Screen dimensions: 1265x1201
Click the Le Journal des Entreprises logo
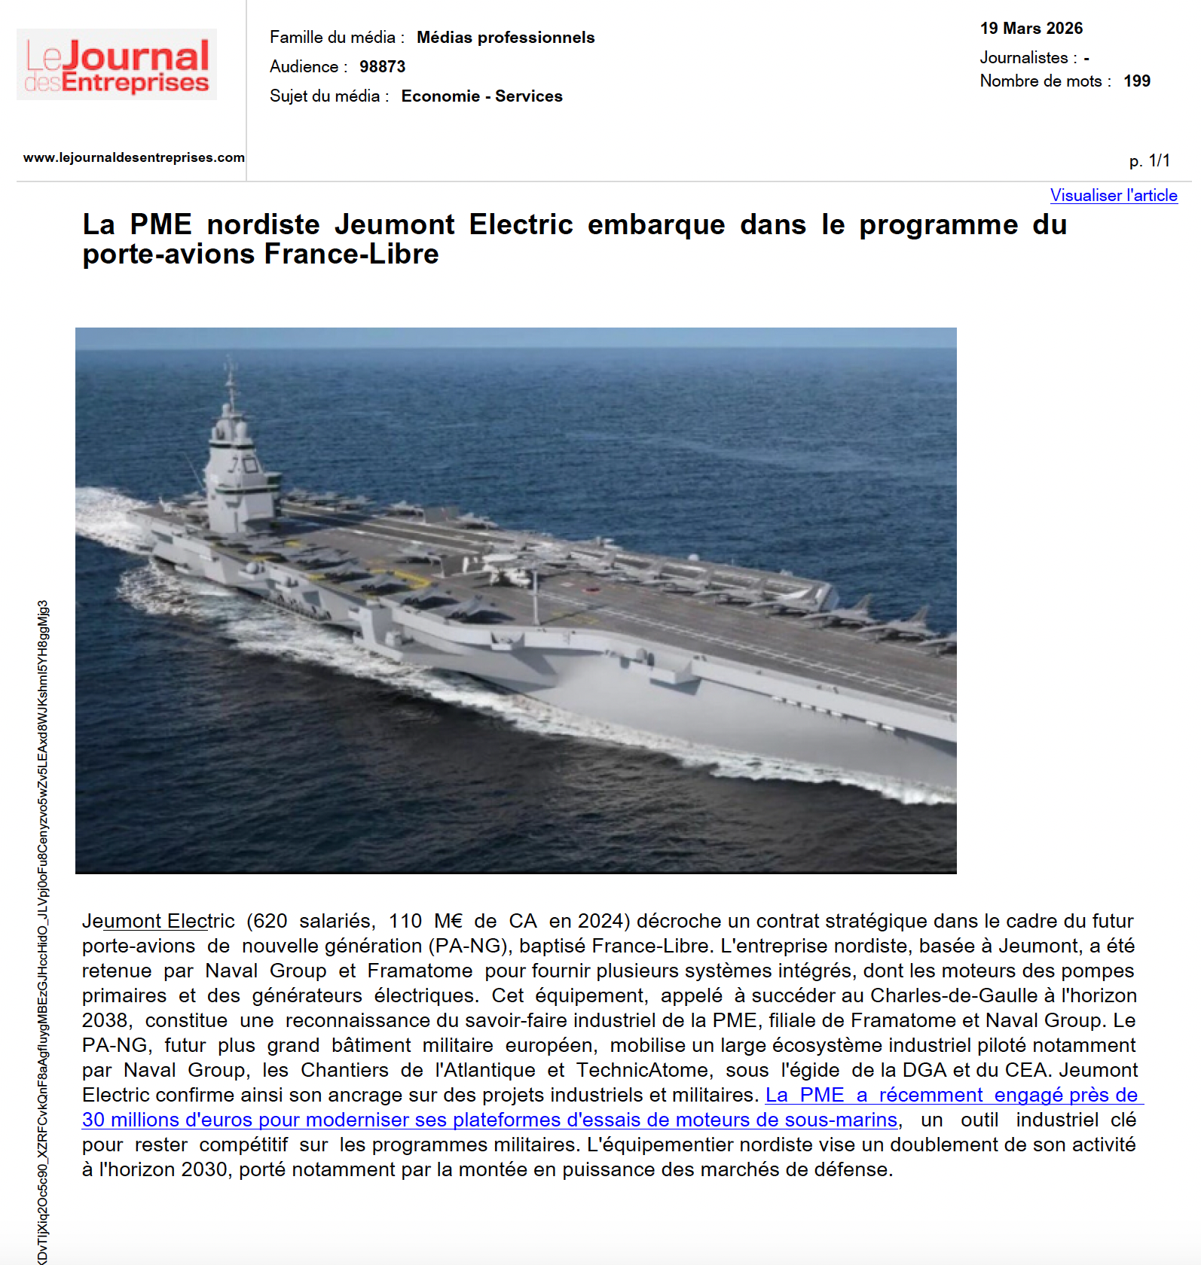(117, 65)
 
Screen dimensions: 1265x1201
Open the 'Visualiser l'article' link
(1113, 196)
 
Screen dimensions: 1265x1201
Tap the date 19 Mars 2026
(1031, 29)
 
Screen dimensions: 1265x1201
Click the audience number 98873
(382, 67)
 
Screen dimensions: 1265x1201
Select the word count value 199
(1136, 81)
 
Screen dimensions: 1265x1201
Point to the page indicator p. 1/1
(1149, 160)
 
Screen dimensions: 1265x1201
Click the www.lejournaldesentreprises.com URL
(133, 157)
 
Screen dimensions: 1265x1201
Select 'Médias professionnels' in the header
(505, 38)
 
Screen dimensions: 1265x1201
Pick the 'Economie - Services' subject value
(481, 96)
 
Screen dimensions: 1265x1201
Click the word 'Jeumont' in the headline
(394, 225)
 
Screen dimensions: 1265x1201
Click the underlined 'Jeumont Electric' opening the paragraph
(158, 921)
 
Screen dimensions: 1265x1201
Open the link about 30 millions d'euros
(490, 1120)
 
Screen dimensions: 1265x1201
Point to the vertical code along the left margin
(43, 934)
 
